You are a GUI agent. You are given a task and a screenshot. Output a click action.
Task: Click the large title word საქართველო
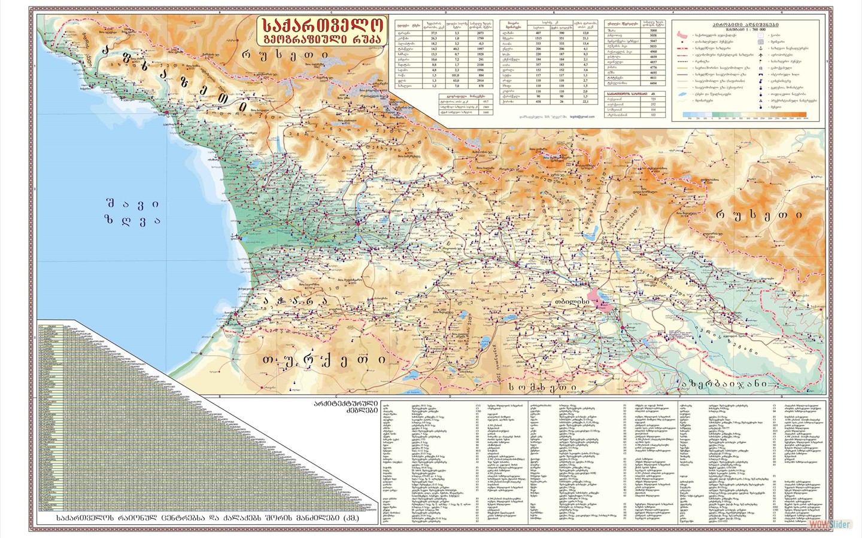tap(322, 26)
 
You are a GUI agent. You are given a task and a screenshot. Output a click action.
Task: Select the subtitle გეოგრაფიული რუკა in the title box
tap(322, 39)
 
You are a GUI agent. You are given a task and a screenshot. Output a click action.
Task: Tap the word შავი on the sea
tap(132, 204)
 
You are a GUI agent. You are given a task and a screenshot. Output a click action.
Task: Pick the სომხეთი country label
tap(543, 387)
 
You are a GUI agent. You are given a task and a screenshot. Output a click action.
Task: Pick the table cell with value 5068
tap(653, 30)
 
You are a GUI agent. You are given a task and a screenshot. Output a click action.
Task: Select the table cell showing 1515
tap(538, 38)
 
